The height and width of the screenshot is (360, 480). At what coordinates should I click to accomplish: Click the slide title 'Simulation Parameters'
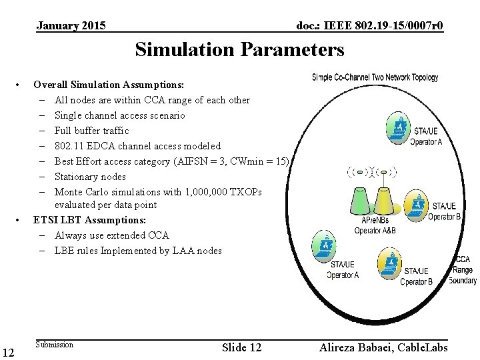[239, 49]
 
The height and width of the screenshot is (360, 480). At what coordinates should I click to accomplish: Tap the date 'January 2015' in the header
[71, 26]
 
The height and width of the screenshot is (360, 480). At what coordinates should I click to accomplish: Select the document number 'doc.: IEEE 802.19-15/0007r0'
[369, 26]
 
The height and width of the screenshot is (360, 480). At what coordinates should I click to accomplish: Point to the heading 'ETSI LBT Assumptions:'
[89, 220]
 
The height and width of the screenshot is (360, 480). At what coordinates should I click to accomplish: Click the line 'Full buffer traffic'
[92, 131]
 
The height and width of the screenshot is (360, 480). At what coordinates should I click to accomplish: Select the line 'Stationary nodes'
[90, 177]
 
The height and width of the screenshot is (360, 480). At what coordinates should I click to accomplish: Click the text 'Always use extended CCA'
[112, 235]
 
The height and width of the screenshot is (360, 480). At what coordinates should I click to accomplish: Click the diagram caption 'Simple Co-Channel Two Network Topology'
[375, 77]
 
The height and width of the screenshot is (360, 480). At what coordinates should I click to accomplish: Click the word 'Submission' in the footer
[54, 345]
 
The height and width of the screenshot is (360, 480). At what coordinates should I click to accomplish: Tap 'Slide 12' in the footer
[241, 347]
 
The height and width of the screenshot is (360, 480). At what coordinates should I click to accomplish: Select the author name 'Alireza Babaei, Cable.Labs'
[383, 347]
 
